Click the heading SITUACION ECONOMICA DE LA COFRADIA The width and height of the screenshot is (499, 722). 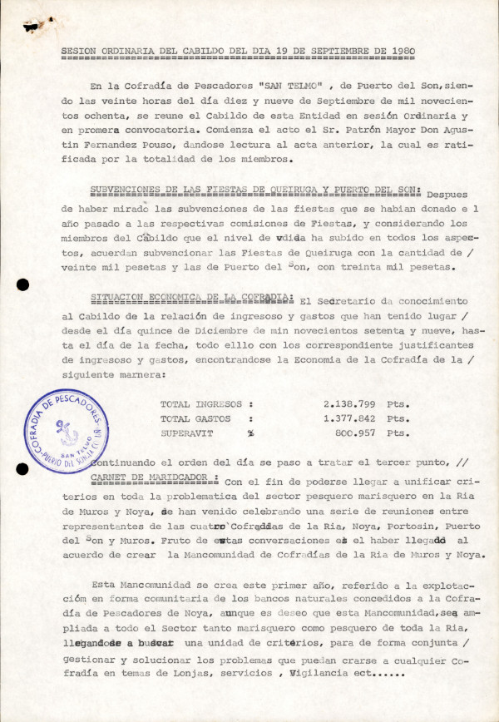190,299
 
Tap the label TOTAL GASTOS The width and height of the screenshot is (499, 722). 195,418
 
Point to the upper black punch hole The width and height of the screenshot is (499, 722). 22,285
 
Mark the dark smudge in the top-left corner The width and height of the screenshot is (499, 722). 32,27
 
